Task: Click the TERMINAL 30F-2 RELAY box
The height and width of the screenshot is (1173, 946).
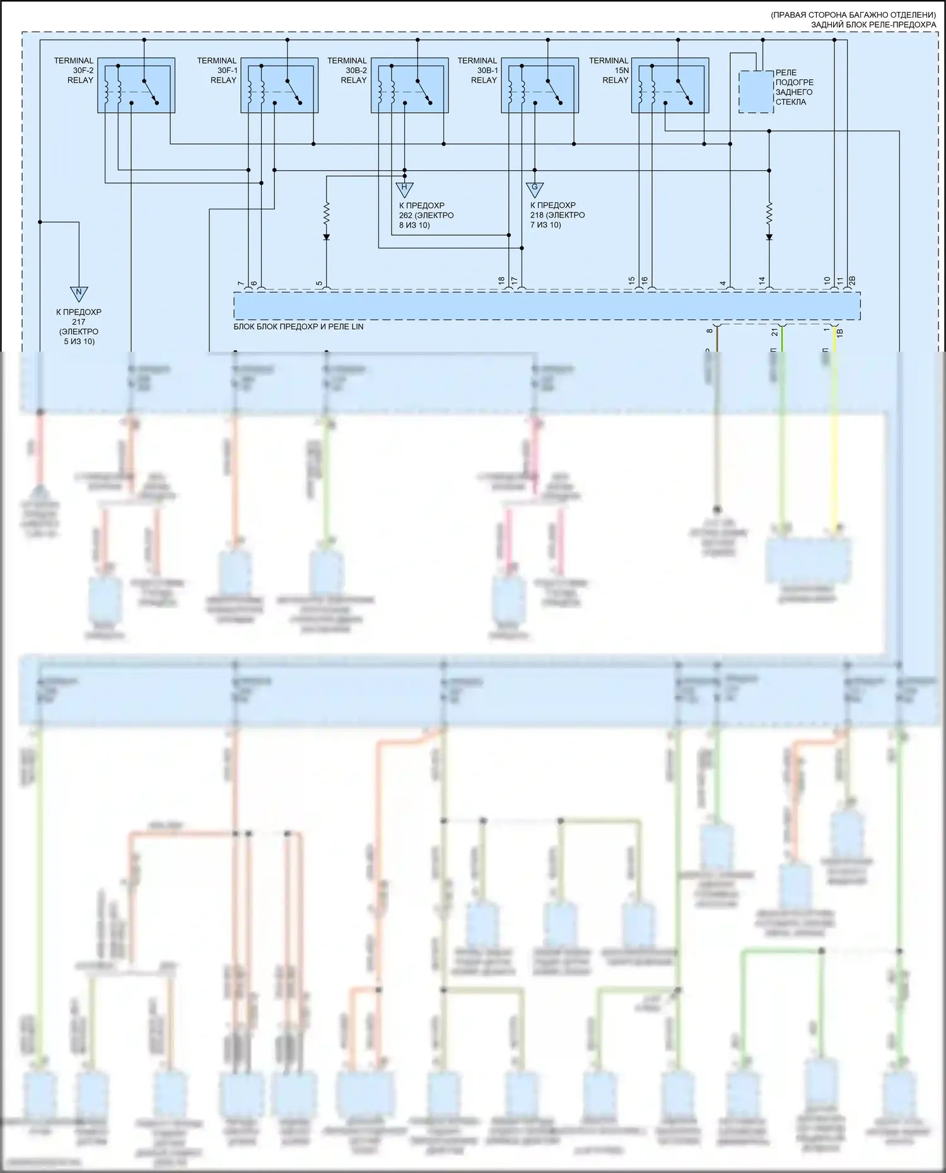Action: (136, 86)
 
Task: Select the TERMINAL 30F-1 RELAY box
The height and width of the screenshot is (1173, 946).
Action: (279, 86)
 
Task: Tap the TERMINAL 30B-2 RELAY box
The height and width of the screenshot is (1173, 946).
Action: (409, 86)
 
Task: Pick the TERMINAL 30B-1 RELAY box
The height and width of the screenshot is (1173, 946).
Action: (540, 86)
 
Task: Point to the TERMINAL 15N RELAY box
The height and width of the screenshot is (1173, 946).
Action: (670, 86)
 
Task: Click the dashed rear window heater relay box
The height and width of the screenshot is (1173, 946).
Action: (756, 92)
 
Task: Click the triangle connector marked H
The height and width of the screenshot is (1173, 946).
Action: (404, 188)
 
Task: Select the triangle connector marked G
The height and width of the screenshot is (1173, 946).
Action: (535, 188)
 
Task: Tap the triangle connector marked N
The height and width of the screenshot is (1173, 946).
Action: (79, 293)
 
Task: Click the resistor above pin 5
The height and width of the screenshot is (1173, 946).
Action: (327, 213)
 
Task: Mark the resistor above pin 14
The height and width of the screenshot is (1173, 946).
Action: (769, 213)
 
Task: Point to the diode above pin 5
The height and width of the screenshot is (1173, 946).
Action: (327, 237)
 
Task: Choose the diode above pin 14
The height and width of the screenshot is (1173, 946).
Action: (769, 237)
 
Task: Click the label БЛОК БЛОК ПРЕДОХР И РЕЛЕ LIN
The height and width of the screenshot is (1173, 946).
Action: (298, 327)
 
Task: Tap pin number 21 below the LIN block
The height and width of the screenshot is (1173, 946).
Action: (775, 332)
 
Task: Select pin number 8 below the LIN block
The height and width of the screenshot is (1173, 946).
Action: (709, 331)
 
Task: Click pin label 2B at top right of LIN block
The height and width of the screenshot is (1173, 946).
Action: (852, 280)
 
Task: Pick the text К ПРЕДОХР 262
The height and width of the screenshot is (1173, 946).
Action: (426, 215)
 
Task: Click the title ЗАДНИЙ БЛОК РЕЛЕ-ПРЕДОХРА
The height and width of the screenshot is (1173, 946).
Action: (873, 25)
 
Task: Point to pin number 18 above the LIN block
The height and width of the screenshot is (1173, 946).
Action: (502, 280)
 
